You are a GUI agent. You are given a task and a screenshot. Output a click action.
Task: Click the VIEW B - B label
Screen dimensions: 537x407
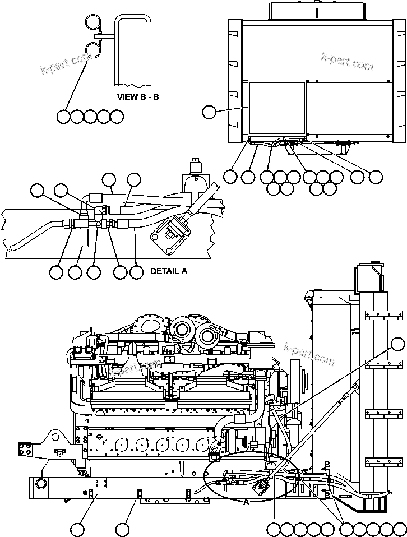point(138,96)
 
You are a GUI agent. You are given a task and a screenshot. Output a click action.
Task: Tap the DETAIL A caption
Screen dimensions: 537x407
point(169,271)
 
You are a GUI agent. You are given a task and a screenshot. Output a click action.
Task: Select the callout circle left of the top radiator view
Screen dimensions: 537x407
point(209,112)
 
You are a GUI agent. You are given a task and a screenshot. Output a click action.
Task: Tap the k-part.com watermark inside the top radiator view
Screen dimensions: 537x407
point(347,62)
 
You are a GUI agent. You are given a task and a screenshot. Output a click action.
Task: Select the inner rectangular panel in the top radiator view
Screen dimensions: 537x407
point(277,109)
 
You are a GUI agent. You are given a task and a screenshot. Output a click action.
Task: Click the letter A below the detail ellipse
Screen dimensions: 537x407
point(246,503)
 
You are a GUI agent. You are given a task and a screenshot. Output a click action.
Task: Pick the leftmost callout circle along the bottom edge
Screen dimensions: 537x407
point(78,529)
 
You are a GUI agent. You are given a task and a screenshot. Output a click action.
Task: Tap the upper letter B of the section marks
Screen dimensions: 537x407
point(326,465)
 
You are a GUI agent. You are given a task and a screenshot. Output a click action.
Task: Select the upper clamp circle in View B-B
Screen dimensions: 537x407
point(93,22)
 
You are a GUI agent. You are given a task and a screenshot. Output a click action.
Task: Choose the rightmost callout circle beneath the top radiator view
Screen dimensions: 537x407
point(377,176)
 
